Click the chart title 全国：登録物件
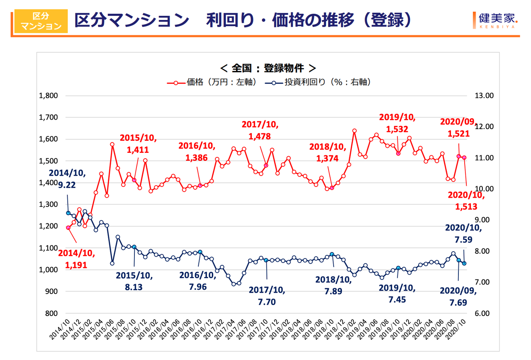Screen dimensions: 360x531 (268, 67)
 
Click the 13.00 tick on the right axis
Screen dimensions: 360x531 (483, 96)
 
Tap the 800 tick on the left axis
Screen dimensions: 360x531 (51, 313)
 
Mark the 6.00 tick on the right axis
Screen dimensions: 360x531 (483, 313)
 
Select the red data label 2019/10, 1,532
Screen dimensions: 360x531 (397, 123)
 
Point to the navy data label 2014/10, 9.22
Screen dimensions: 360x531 (67, 179)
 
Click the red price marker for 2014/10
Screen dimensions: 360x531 (68, 228)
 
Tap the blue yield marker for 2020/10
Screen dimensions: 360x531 (464, 263)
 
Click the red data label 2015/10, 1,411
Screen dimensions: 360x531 (134, 144)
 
